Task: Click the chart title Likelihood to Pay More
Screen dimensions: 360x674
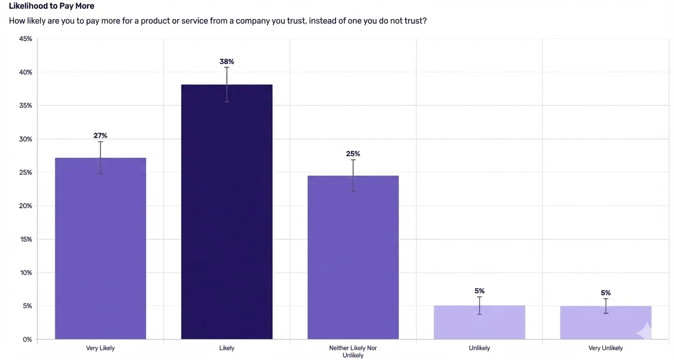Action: pyautogui.click(x=52, y=6)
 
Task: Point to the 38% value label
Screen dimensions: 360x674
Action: pyautogui.click(x=227, y=62)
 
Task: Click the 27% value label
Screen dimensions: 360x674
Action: pyautogui.click(x=101, y=136)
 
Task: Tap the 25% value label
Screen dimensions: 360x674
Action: pyautogui.click(x=353, y=154)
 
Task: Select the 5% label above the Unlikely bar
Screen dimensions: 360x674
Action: pyautogui.click(x=479, y=291)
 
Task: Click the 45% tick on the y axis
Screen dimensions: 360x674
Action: pyautogui.click(x=25, y=39)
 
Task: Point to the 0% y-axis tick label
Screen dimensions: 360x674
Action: pyautogui.click(x=27, y=339)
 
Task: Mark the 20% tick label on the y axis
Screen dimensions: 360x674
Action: pyautogui.click(x=25, y=206)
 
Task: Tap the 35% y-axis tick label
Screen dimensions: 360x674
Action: pyautogui.click(x=25, y=106)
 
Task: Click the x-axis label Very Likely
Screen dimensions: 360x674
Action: pyautogui.click(x=101, y=348)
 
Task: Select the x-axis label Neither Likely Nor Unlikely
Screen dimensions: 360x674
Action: pyautogui.click(x=353, y=351)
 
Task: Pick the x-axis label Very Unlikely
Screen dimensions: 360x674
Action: pyautogui.click(x=606, y=348)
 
